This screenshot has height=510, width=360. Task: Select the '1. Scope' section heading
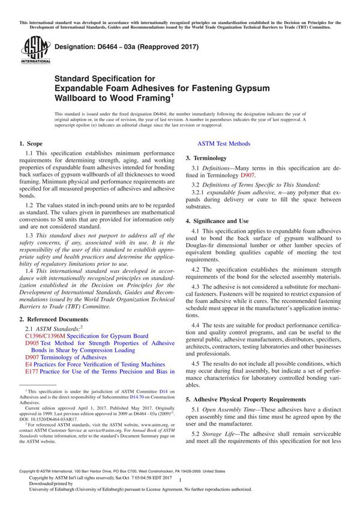pyautogui.click(x=31, y=143)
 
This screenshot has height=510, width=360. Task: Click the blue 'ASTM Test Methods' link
pyautogui.click(x=224, y=143)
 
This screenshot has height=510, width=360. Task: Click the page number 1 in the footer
pyautogui.click(x=180, y=480)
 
